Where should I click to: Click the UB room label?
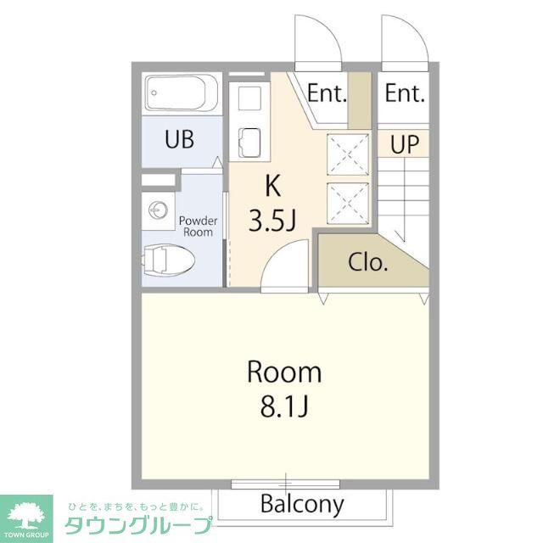(179, 140)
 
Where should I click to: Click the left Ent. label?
(327, 93)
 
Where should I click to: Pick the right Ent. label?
(405, 93)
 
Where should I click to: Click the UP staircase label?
(405, 144)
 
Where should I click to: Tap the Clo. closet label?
(368, 262)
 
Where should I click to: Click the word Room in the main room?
(284, 372)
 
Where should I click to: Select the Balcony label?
(302, 505)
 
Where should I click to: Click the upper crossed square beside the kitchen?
(350, 154)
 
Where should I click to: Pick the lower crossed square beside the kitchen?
(350, 201)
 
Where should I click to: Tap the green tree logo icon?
(26, 514)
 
